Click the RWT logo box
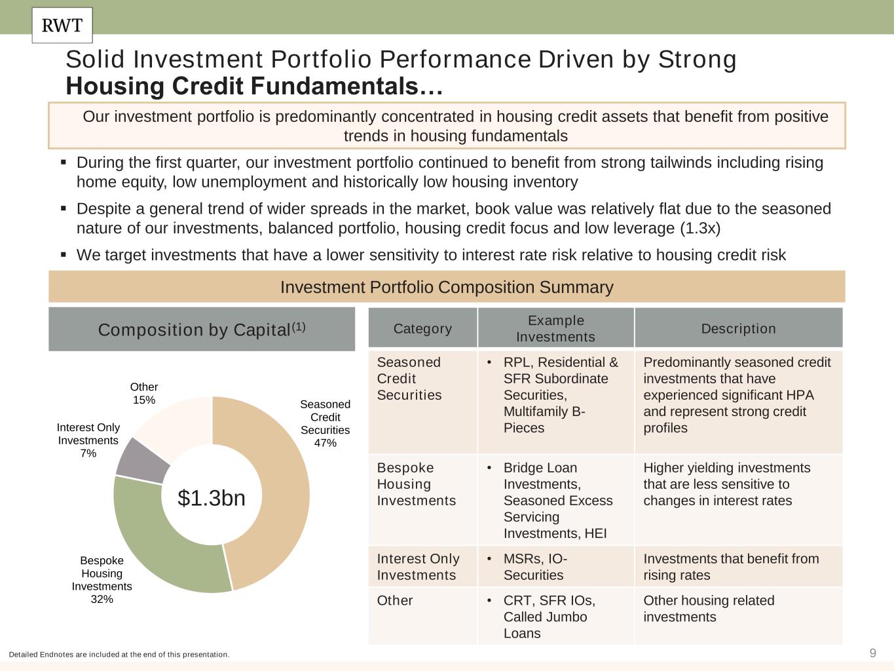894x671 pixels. point(62,26)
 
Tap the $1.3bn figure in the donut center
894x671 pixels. point(212,498)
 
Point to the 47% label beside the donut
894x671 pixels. point(325,443)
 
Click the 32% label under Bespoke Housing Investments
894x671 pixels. point(102,599)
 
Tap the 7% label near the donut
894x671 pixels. point(88,453)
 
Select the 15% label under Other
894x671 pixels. point(144,400)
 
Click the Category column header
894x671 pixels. point(422,328)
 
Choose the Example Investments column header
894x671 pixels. point(556,328)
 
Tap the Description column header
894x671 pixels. point(738,328)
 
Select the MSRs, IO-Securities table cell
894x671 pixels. point(556,566)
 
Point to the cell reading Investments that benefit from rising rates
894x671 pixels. point(738,566)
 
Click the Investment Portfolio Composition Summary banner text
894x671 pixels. point(447,287)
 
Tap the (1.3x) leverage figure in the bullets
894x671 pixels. point(701,228)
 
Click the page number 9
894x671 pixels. point(873,653)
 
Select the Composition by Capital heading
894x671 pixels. point(202,329)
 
